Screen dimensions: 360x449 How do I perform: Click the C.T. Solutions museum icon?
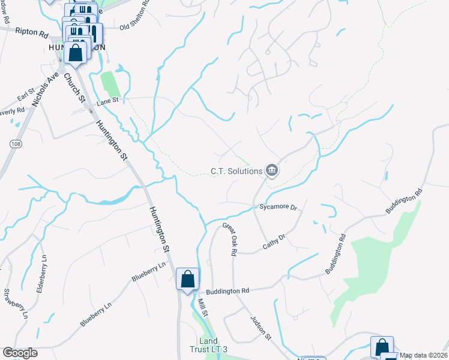(272, 171)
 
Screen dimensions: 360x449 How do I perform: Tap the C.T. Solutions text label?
(237, 171)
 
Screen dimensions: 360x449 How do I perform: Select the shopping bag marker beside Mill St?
(187, 279)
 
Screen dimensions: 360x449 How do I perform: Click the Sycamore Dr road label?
(279, 207)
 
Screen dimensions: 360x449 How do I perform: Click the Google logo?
(20, 353)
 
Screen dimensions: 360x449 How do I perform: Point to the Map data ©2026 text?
(423, 355)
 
